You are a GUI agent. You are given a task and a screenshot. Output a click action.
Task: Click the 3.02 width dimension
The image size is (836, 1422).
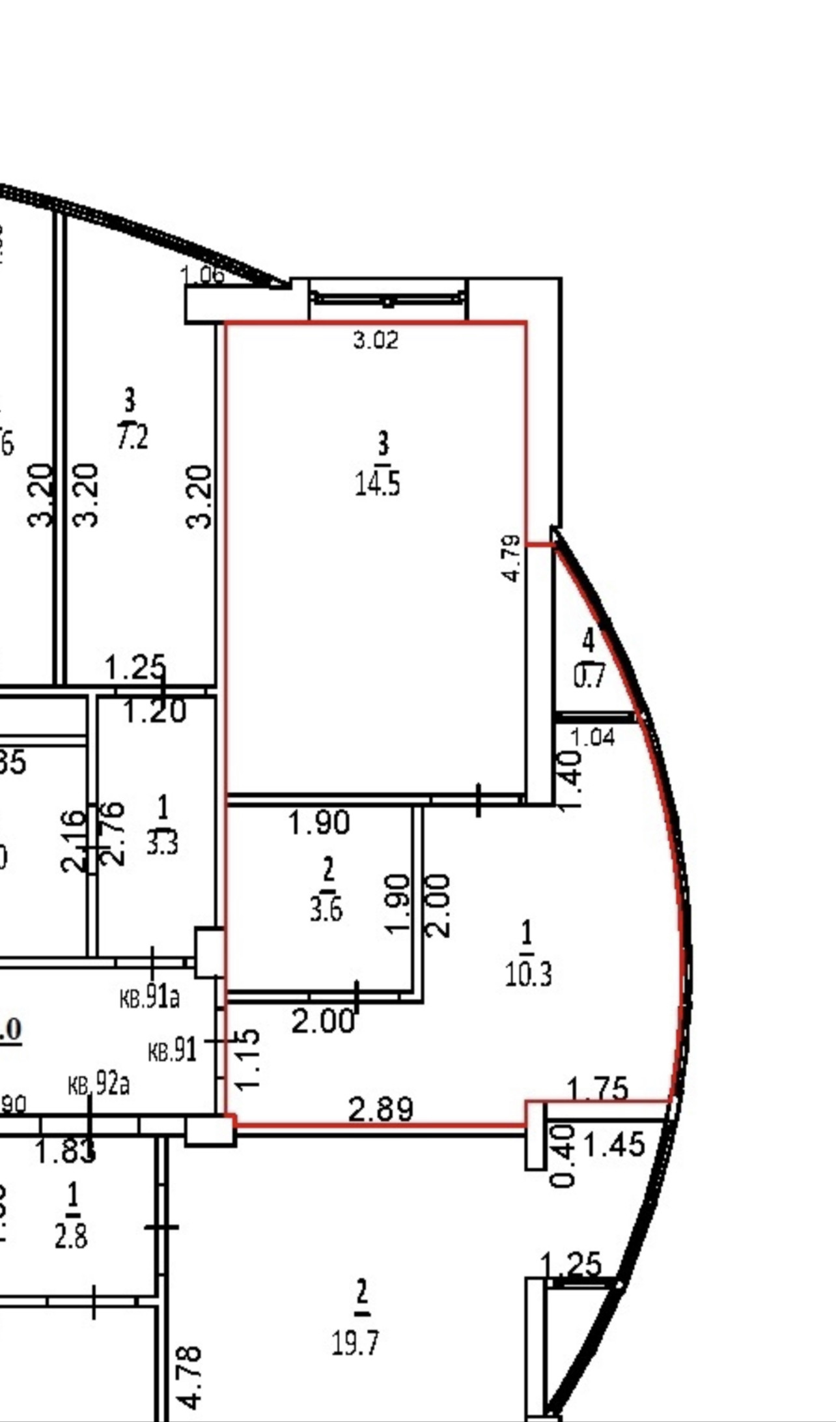(x=376, y=340)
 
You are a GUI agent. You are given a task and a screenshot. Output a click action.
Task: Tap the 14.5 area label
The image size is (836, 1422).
(x=377, y=484)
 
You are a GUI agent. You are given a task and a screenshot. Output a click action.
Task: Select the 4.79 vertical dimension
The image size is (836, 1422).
(x=512, y=558)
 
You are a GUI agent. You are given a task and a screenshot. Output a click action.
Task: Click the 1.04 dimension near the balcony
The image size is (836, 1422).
(x=592, y=737)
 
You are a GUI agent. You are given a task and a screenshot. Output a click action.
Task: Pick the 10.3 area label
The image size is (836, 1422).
(x=528, y=974)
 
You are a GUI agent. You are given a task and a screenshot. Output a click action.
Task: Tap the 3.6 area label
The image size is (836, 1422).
(x=326, y=909)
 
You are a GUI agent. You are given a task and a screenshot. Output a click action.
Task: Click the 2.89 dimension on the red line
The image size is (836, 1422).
(x=381, y=1109)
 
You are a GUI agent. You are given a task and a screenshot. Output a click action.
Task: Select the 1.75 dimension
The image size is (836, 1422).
(x=598, y=1089)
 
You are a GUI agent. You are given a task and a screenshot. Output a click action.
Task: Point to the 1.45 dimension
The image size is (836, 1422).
(x=615, y=1144)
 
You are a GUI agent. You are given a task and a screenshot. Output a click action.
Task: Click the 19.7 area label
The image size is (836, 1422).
(x=355, y=1343)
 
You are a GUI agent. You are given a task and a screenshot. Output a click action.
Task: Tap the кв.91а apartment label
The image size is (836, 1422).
(x=150, y=997)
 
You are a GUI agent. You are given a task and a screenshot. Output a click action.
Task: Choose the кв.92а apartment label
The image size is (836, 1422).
(x=99, y=1085)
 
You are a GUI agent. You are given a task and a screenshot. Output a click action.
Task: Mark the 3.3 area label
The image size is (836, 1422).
(x=161, y=844)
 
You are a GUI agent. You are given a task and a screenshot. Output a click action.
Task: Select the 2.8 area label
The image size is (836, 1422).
(x=71, y=1236)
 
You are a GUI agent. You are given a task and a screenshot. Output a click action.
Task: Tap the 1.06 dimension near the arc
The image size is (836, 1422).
(x=202, y=276)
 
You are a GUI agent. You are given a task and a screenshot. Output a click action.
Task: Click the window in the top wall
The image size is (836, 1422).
(x=388, y=299)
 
